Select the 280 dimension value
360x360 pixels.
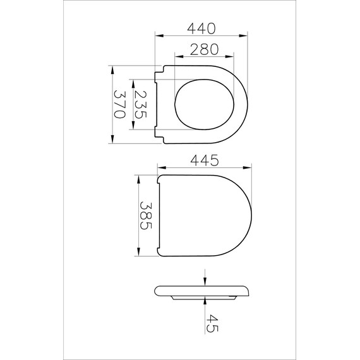point(203,49)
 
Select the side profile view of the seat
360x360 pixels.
point(202,292)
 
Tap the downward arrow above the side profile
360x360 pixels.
point(205,282)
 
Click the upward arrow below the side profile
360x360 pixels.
point(205,303)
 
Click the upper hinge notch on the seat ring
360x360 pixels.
point(159,71)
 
